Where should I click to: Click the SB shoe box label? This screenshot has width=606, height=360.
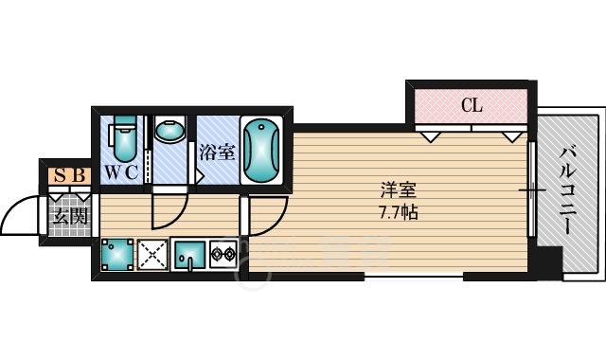point(70,174)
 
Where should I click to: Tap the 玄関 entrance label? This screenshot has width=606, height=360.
point(69,216)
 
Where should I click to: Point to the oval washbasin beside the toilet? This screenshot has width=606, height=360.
point(170,133)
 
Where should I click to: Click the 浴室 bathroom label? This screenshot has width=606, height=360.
point(217,151)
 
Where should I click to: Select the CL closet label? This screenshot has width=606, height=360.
point(471,105)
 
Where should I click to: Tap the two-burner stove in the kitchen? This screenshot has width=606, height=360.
point(223,253)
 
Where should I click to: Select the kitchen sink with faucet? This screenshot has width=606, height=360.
point(190,254)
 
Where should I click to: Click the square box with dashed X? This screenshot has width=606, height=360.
point(153,254)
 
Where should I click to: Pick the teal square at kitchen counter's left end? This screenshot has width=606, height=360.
point(116,254)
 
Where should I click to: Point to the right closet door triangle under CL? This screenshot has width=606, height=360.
point(513,136)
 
